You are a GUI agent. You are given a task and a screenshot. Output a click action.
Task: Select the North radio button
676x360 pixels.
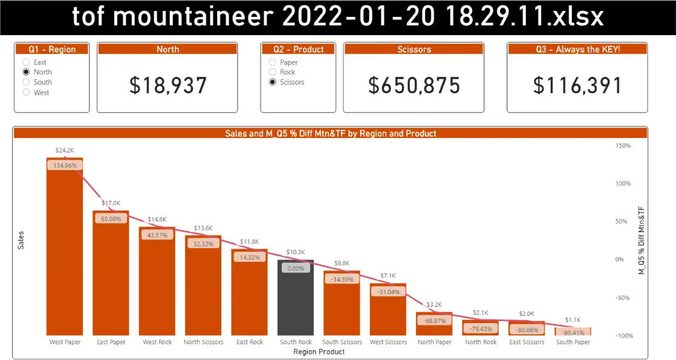pos(26,72)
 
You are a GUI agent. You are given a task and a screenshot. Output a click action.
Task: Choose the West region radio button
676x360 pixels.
pos(26,93)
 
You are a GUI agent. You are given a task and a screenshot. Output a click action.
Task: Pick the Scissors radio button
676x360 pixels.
pos(273,82)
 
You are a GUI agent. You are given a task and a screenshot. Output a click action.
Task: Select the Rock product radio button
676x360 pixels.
pos(273,72)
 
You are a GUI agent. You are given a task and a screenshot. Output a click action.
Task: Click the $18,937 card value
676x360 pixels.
pos(167,86)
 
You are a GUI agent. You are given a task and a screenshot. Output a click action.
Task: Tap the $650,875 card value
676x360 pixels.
pos(414,86)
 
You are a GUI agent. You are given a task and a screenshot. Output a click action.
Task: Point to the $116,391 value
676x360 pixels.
pos(577,86)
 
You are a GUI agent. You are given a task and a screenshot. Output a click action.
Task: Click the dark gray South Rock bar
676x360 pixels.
pos(296,299)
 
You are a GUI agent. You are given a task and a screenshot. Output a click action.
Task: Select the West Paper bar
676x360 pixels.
pos(65,254)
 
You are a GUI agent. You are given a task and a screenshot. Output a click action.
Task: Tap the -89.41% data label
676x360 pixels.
pos(573,332)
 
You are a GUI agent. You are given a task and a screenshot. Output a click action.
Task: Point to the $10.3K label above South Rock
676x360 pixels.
pos(296,252)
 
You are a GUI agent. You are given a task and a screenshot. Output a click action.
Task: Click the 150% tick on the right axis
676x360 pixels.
pos(623,146)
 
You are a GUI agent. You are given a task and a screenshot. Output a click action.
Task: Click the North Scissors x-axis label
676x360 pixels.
pos(203,342)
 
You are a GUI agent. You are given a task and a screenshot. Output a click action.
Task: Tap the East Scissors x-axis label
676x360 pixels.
pos(527,342)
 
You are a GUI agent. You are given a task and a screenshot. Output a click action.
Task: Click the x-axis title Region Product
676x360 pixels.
pos(319,352)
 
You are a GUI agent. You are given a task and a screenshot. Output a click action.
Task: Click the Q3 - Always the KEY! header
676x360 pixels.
pos(577,50)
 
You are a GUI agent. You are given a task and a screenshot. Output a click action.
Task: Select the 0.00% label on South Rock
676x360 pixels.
pos(296,268)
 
